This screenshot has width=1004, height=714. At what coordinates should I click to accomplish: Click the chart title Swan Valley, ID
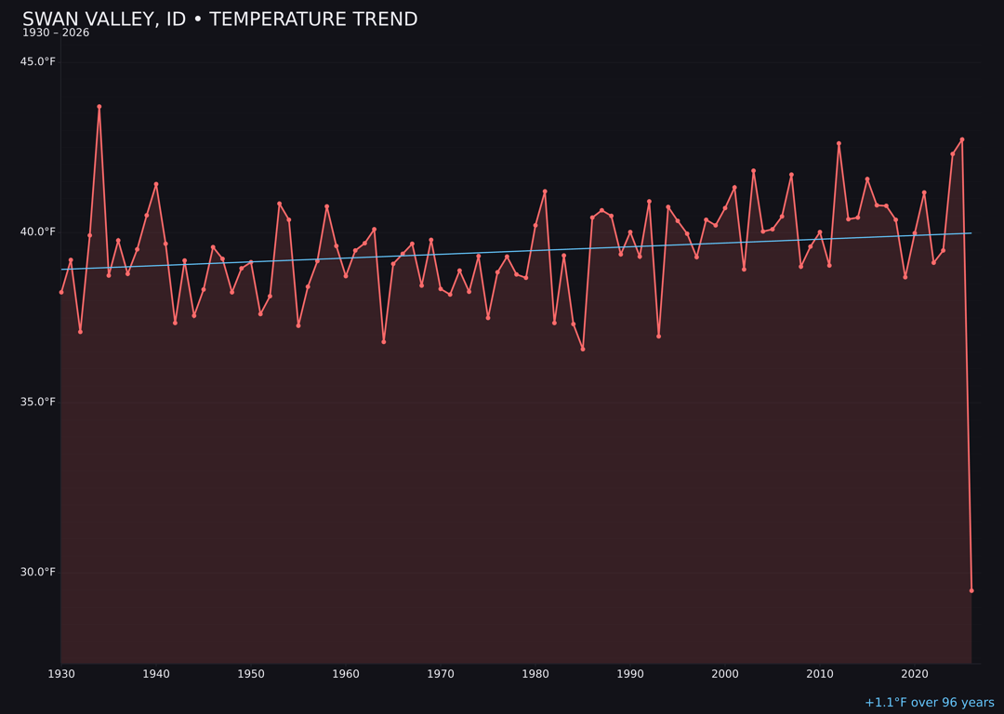click(x=219, y=20)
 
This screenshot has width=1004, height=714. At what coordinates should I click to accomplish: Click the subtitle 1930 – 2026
click(x=56, y=33)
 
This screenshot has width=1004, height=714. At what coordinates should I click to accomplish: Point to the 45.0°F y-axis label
click(x=38, y=62)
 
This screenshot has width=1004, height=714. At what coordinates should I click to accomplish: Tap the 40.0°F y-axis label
click(x=38, y=232)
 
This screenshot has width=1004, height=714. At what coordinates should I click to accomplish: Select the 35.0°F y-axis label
click(x=38, y=403)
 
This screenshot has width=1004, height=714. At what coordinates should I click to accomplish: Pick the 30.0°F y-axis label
click(x=38, y=573)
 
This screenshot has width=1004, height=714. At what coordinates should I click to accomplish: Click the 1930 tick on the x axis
click(x=61, y=674)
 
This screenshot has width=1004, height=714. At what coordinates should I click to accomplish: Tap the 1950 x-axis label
click(x=251, y=674)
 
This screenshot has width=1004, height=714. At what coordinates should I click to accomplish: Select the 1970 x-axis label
click(x=441, y=674)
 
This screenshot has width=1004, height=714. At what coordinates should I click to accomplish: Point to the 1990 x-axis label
click(x=630, y=674)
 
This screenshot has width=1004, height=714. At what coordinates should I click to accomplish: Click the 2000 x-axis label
click(x=725, y=674)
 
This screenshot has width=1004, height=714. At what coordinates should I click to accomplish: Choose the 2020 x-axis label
click(x=915, y=674)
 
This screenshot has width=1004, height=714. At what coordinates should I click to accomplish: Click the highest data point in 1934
click(x=99, y=107)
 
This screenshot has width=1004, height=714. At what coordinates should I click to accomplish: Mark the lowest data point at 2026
click(x=971, y=590)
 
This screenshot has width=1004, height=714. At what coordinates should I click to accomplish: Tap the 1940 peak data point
click(x=156, y=184)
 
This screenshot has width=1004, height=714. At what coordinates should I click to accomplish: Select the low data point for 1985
click(x=583, y=349)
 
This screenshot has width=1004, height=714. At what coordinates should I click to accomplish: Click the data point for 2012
click(x=839, y=144)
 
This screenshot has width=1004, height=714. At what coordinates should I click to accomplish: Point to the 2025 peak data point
click(x=962, y=139)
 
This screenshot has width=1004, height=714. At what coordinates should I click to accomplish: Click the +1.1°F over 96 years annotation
click(x=929, y=703)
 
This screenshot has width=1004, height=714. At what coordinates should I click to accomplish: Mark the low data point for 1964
click(x=384, y=341)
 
